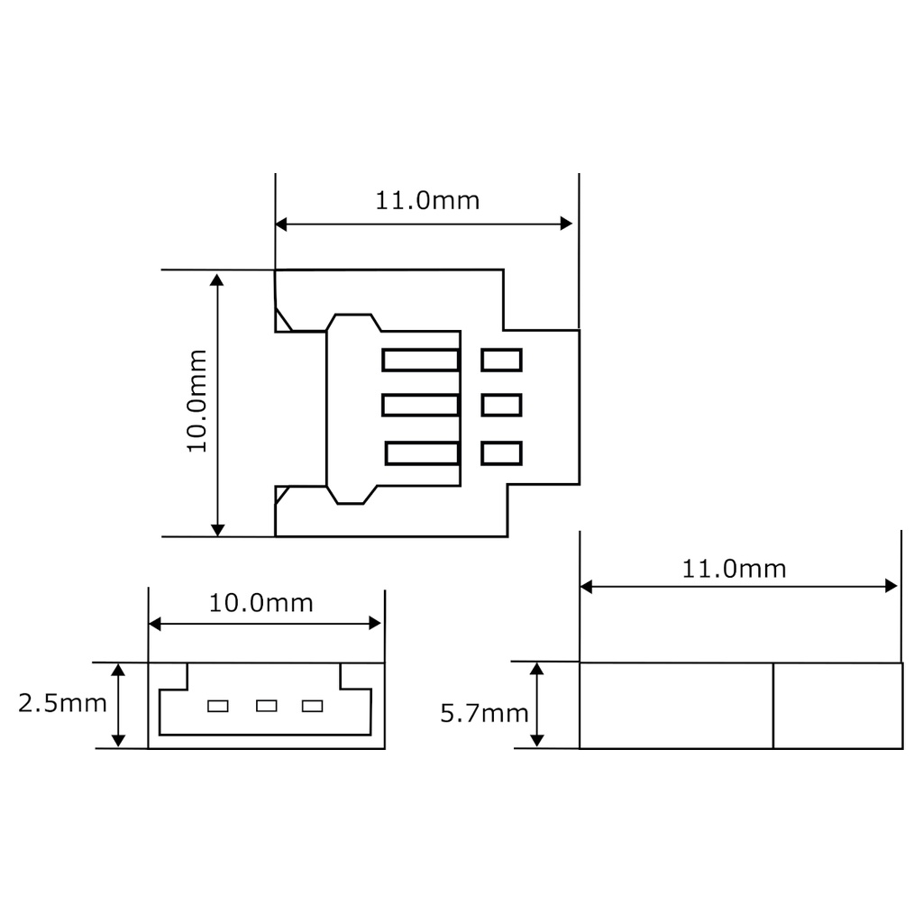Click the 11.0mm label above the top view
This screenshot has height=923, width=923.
pyautogui.click(x=427, y=200)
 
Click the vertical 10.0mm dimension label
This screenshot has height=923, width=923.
pyautogui.click(x=197, y=401)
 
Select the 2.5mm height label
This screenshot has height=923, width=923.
pyautogui.click(x=62, y=703)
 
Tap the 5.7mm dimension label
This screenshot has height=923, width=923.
pyautogui.click(x=484, y=714)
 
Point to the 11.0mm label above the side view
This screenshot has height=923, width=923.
pyautogui.click(x=734, y=569)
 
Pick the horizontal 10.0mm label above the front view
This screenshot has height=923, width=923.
pyautogui.click(x=261, y=603)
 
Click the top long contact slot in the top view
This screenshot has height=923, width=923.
pyautogui.click(x=421, y=361)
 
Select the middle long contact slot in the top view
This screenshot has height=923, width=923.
pyautogui.click(x=421, y=406)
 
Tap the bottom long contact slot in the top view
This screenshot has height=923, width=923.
pyautogui.click(x=423, y=453)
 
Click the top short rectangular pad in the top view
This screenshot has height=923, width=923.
pyautogui.click(x=502, y=361)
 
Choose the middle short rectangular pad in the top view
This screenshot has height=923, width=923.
pyautogui.click(x=502, y=406)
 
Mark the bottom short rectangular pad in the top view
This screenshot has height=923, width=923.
pyautogui.click(x=502, y=453)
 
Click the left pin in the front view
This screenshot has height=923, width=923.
pyautogui.click(x=218, y=706)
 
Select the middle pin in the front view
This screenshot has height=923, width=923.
pyautogui.click(x=266, y=706)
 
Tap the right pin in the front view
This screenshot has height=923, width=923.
pyautogui.click(x=313, y=706)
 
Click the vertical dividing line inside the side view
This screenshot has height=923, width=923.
pyautogui.click(x=773, y=706)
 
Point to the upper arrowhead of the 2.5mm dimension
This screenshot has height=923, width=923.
pyautogui.click(x=118, y=669)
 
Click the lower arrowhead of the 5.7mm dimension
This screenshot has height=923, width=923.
pyautogui.click(x=537, y=740)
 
